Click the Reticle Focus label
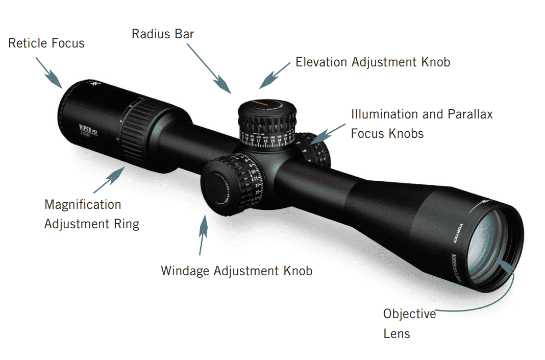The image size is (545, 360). click(x=46, y=43)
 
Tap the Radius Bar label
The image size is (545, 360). click(x=163, y=34)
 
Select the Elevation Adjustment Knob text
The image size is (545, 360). click(x=373, y=62)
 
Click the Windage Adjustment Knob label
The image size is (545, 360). click(x=236, y=270)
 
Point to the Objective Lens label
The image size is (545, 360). click(x=409, y=323)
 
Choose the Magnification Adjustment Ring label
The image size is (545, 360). click(x=91, y=214)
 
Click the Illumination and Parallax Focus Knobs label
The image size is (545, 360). click(x=422, y=124)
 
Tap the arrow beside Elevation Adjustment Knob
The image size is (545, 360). click(x=275, y=75)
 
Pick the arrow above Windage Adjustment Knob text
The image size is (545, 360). click(x=203, y=235)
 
